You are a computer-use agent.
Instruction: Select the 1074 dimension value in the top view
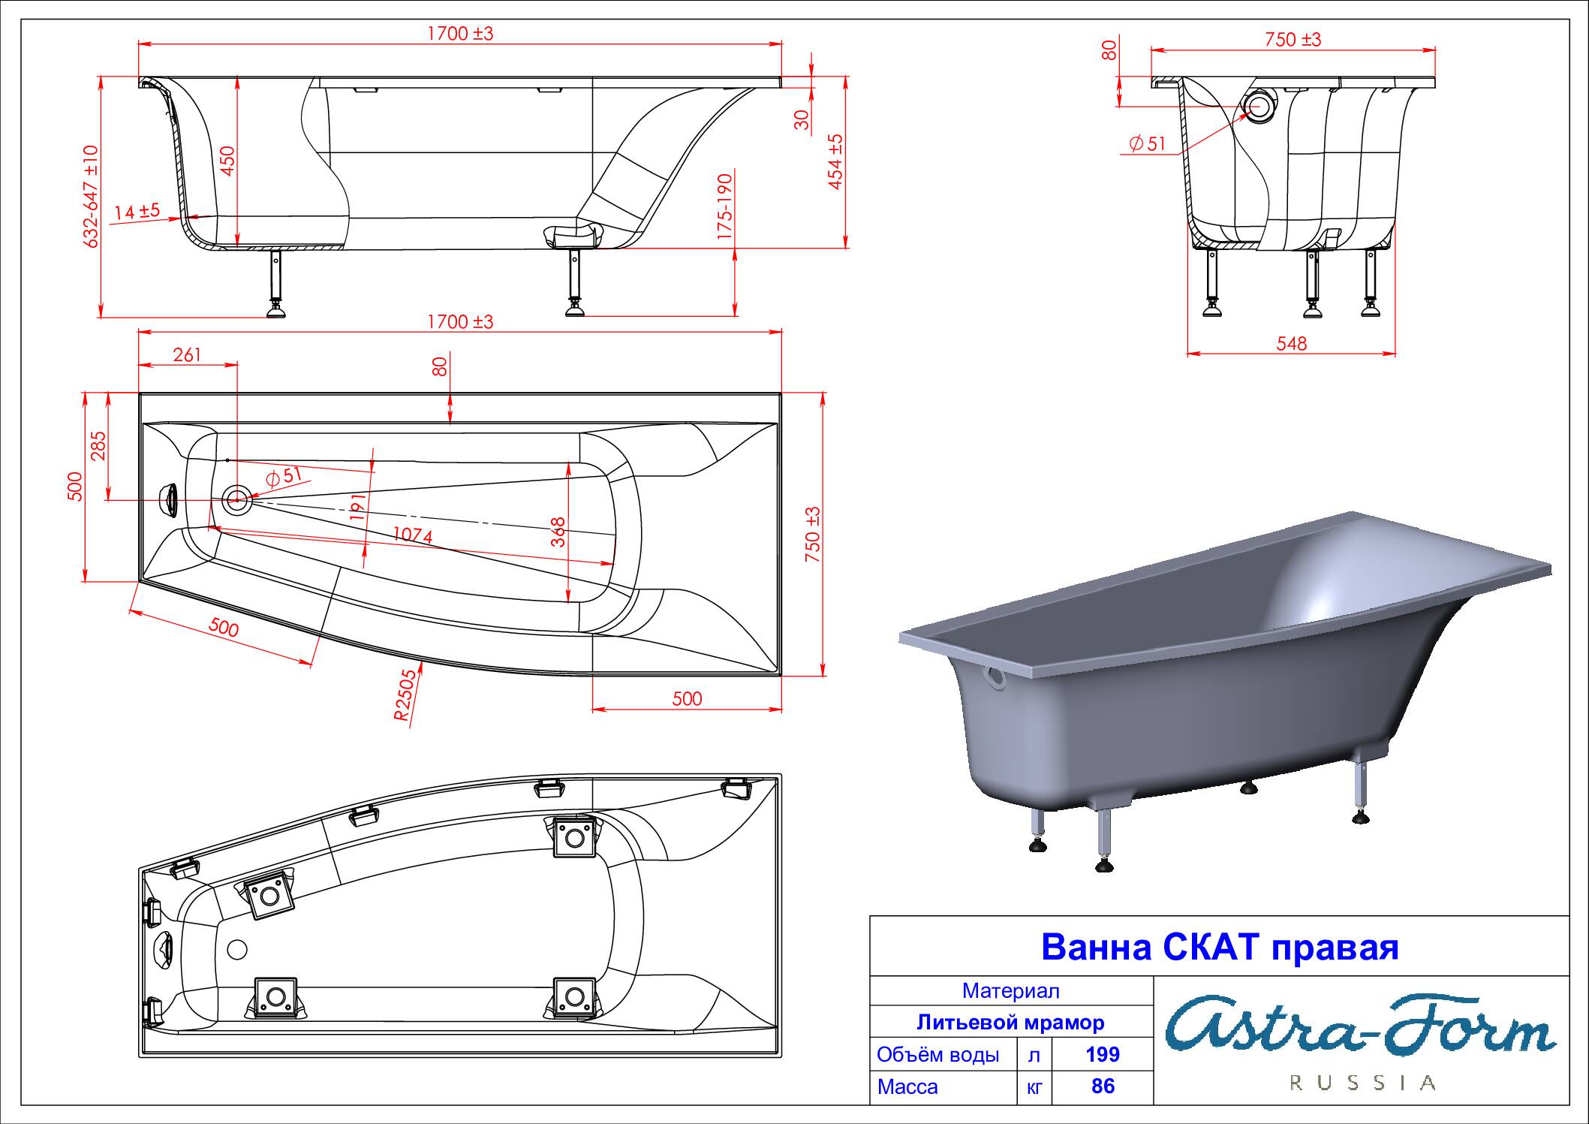[x=412, y=535]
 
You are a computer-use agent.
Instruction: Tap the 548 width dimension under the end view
[x=1291, y=343]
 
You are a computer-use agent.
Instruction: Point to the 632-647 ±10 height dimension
[x=91, y=197]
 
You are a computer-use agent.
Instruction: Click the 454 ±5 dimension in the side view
[x=835, y=161]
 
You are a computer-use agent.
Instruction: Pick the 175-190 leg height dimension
[x=724, y=207]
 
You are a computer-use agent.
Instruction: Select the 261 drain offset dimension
[x=187, y=354]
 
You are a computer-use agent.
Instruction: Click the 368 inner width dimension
[x=558, y=532]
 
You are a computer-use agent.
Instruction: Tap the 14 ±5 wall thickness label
[x=137, y=212]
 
